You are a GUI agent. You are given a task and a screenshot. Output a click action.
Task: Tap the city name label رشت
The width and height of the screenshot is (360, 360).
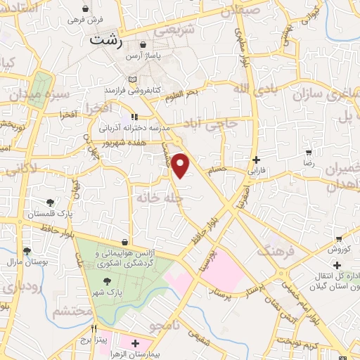[106, 41]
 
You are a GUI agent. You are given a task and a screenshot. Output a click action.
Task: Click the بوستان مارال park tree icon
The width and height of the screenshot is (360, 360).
[27, 251]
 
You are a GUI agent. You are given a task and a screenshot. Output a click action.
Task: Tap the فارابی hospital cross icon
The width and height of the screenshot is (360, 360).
[256, 160]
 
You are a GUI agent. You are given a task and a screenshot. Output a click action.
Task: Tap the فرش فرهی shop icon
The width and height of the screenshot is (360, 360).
[85, 8]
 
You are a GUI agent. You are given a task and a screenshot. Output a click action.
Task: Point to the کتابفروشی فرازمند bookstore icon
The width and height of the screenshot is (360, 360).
[132, 79]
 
